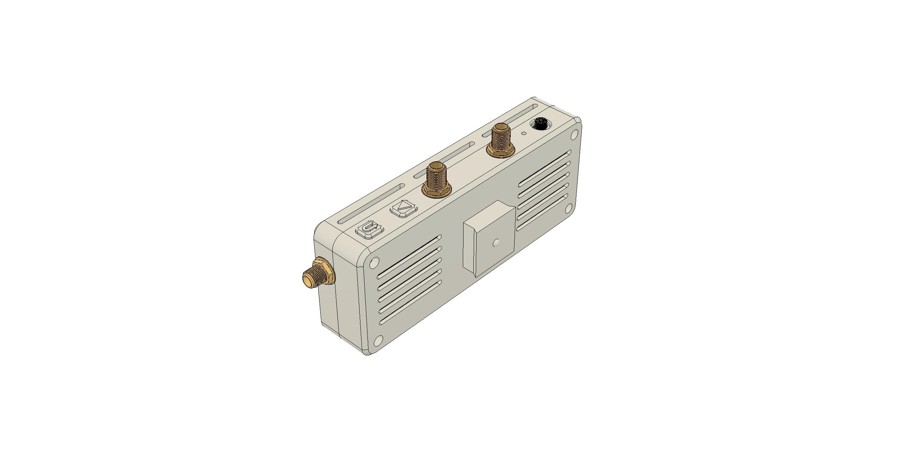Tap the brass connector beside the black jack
(500, 139)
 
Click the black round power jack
(540, 124)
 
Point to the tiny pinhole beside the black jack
(524, 133)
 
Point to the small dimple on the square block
(496, 242)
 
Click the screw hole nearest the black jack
(574, 134)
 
